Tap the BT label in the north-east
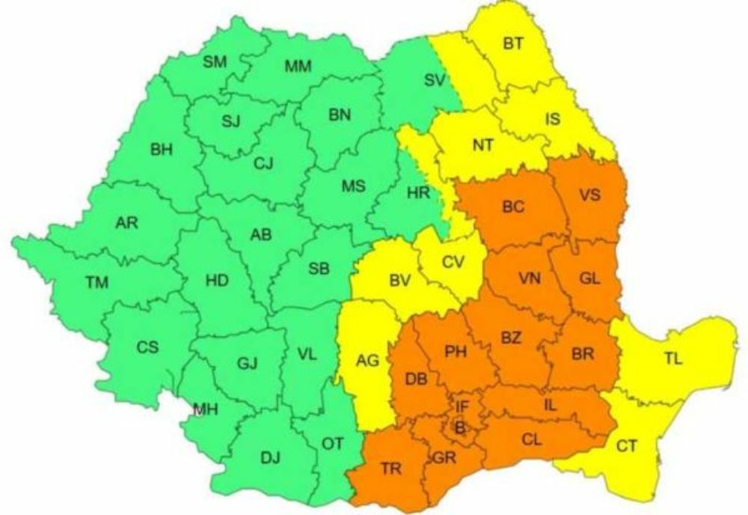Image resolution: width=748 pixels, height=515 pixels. click(512, 43)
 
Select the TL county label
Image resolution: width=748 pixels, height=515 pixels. click(672, 359)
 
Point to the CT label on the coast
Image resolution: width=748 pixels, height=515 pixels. click(627, 447)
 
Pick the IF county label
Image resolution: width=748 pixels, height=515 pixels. click(463, 407)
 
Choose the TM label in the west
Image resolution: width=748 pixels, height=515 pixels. click(96, 282)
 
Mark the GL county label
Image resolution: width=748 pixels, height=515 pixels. click(589, 278)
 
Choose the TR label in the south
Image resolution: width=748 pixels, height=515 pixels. click(390, 469)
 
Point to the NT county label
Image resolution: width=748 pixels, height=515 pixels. click(482, 144)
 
